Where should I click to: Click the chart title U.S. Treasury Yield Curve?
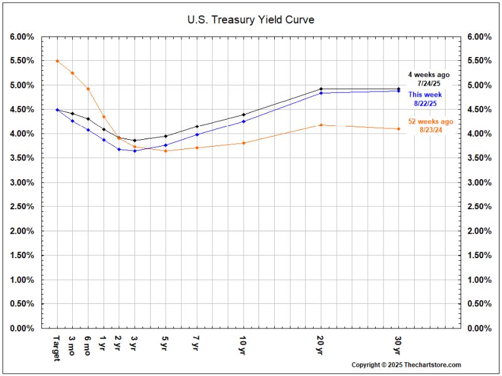point(251,19)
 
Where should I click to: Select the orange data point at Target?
point(57,61)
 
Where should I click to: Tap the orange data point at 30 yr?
point(398,129)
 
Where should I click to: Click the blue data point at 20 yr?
point(321,93)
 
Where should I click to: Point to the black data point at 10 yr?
point(243,115)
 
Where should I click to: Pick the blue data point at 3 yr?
point(134,151)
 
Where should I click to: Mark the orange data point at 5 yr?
point(165,151)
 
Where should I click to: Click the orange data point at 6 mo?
point(88,88)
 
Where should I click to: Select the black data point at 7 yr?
point(197,127)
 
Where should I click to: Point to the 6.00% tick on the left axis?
point(22,36)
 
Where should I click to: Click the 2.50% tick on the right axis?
point(478,206)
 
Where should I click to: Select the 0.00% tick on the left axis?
point(22,328)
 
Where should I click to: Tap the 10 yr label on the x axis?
point(243,344)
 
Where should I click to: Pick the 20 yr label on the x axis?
point(321,344)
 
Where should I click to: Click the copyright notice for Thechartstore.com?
point(406,365)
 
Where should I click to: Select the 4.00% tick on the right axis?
point(478,133)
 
